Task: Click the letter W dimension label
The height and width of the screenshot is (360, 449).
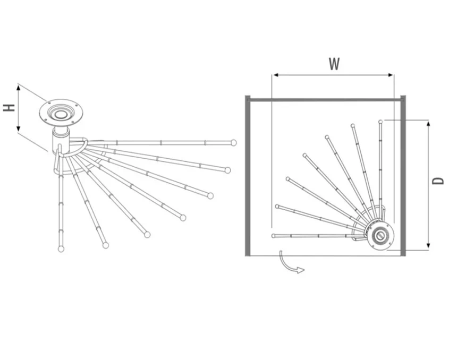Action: (x=334, y=64)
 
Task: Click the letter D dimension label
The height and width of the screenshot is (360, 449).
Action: (x=438, y=180)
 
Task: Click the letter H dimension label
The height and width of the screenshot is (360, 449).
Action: (x=9, y=108)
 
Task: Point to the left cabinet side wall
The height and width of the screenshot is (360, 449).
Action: (x=248, y=175)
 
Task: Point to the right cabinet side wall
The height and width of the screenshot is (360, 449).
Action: (x=403, y=175)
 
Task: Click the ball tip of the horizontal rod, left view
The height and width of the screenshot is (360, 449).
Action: (x=233, y=142)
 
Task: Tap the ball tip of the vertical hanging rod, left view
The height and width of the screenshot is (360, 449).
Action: (x=61, y=248)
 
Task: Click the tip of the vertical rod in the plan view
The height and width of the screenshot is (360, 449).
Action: (x=380, y=122)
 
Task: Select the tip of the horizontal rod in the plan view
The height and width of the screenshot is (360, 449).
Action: (x=274, y=235)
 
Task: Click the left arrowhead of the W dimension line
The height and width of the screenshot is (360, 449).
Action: (x=274, y=75)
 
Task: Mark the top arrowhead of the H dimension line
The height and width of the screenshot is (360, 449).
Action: (x=19, y=88)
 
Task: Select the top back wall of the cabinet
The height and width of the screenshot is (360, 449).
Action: (x=325, y=99)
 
